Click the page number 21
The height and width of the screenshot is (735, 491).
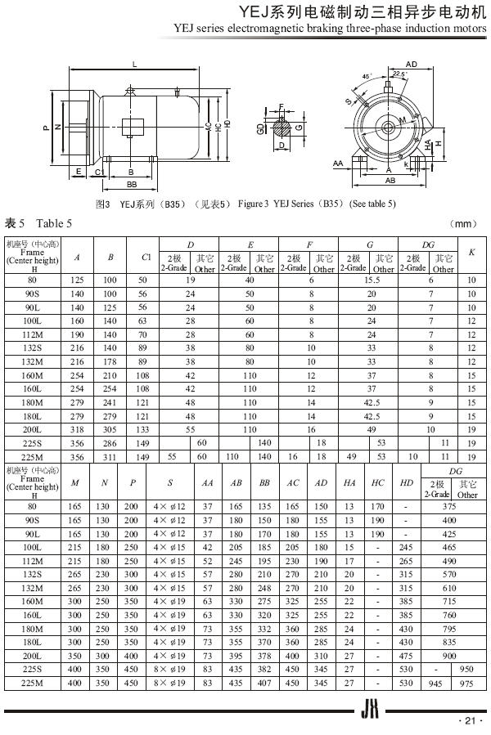pyautogui.click(x=468, y=720)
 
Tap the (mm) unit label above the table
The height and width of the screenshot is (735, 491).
pyautogui.click(x=464, y=223)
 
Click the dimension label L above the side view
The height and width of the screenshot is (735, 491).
pyautogui.click(x=135, y=64)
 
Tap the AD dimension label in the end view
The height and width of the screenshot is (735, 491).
pyautogui.click(x=412, y=64)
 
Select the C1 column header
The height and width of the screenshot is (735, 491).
pyautogui.click(x=146, y=256)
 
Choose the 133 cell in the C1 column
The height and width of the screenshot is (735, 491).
pyautogui.click(x=143, y=428)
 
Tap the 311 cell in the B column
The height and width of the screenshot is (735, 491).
pyautogui.click(x=110, y=457)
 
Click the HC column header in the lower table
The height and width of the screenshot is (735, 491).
pyautogui.click(x=377, y=482)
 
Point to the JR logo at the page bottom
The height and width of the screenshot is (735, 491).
pyautogui.click(x=367, y=714)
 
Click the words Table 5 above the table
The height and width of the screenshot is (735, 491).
pyautogui.click(x=53, y=223)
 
